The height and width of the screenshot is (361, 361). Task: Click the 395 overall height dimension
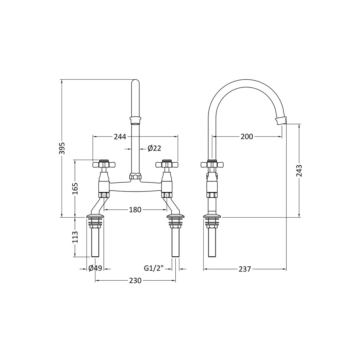62,147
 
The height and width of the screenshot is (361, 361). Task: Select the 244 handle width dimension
120,136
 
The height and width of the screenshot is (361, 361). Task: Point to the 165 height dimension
75,189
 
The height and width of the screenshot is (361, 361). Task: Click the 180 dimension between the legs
135,210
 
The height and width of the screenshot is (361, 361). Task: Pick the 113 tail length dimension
75,237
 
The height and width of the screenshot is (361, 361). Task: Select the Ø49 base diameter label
95,268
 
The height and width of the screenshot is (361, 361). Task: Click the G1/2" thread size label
154,268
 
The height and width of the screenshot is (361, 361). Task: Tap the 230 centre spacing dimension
135,280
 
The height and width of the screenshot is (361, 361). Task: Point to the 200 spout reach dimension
247,136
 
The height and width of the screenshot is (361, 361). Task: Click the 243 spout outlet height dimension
299,171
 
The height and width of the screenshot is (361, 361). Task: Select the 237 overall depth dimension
245,269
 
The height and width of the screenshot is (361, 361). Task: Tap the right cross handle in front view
167,164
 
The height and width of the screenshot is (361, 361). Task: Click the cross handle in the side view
212,164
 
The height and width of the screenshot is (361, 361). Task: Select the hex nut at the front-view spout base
135,177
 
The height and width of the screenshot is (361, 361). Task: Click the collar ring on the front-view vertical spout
135,120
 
